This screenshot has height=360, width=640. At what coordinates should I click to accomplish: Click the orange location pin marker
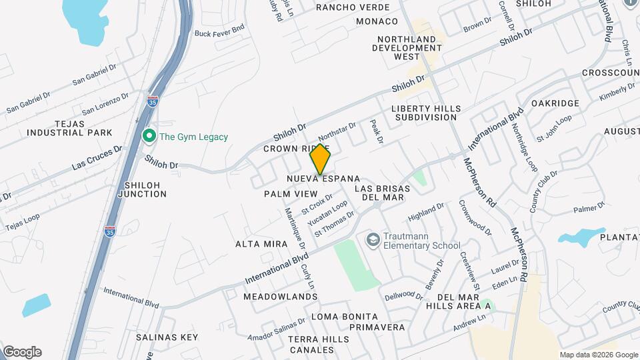[x=321, y=159]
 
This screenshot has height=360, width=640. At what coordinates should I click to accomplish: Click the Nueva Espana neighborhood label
[x=323, y=179]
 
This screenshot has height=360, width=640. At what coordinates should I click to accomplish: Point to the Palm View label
[x=291, y=193]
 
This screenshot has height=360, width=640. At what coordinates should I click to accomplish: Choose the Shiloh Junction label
[x=142, y=189]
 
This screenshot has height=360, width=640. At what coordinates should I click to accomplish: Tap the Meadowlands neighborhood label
[x=280, y=296]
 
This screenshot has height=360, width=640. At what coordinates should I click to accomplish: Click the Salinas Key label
[x=167, y=337]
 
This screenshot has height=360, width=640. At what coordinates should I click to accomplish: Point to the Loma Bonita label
[x=345, y=317]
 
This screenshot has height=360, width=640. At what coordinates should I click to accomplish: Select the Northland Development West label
[x=407, y=48]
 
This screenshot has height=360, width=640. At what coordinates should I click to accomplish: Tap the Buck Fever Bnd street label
[x=220, y=31]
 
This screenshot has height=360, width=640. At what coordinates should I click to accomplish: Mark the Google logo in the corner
[x=21, y=352]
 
